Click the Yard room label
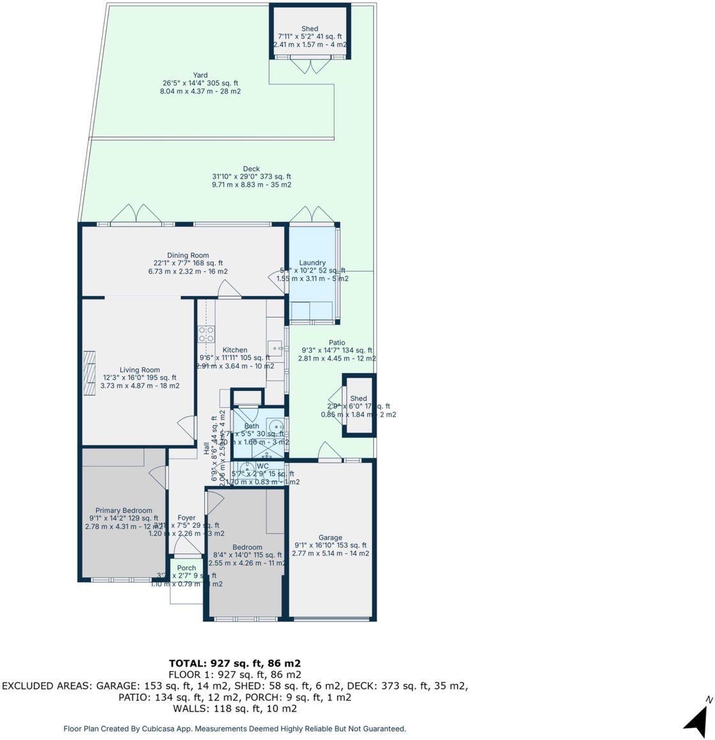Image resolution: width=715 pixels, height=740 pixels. (200, 75)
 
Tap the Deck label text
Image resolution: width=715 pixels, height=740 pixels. (251, 169)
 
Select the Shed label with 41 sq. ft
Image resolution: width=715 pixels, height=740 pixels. (310, 29)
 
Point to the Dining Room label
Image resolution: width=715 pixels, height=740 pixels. (188, 255)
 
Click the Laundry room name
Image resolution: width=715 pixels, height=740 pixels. (312, 263)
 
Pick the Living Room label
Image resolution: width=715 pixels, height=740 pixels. (140, 370)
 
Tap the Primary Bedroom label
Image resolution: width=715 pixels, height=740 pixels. (124, 510)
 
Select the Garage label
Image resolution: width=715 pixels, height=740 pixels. (330, 538)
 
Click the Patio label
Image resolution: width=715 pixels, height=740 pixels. (336, 343)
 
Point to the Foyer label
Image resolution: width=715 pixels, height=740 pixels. (186, 518)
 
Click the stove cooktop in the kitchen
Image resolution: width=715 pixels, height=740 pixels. (206, 335)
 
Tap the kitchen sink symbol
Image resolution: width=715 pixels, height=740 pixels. (276, 349)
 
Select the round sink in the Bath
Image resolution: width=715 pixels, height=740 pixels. (275, 426)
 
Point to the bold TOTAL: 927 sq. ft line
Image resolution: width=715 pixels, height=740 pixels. (234, 663)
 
